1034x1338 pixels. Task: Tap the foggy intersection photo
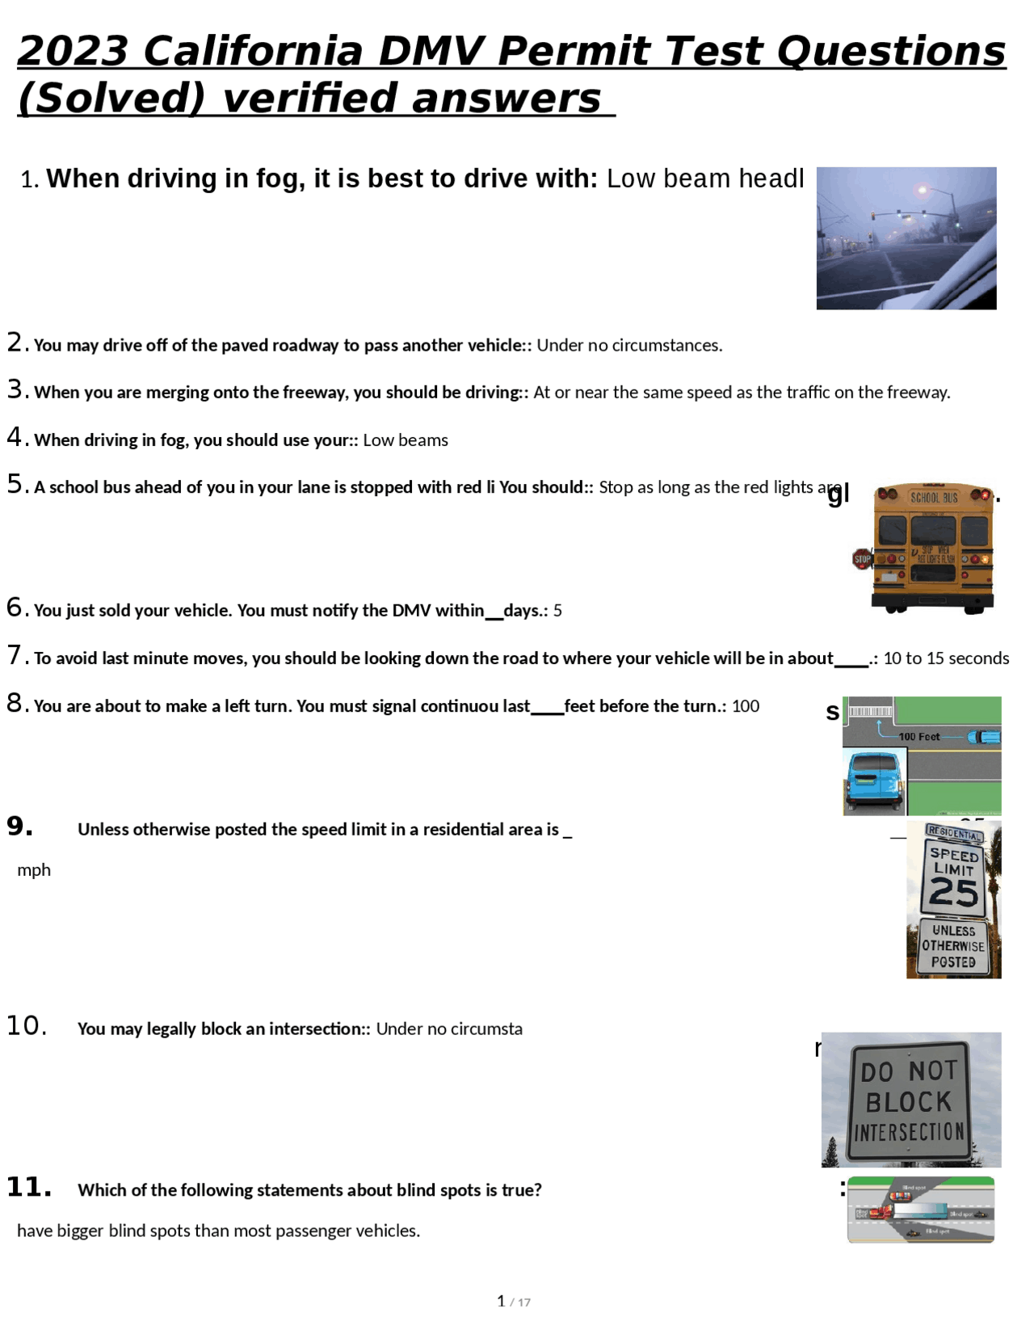point(906,238)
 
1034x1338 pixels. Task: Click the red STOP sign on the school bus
point(862,558)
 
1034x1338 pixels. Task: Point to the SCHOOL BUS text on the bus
point(934,497)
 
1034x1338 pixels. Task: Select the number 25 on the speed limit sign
point(953,893)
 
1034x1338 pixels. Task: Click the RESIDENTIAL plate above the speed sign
point(954,833)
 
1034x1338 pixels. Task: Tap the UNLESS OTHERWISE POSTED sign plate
point(953,946)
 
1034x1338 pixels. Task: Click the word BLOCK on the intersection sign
point(909,1102)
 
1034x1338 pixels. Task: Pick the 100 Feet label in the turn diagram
point(919,737)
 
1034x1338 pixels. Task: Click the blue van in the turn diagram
point(874,780)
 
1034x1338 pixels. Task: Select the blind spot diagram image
point(921,1210)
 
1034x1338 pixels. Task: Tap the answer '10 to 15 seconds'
point(946,658)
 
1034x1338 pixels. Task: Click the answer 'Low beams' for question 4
point(406,440)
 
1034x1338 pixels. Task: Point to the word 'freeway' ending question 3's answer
point(917,393)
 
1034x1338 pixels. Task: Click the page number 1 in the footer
point(501,1301)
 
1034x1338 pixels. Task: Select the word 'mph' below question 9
point(34,870)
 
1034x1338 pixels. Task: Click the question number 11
point(28,1188)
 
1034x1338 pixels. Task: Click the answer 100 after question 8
point(746,706)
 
